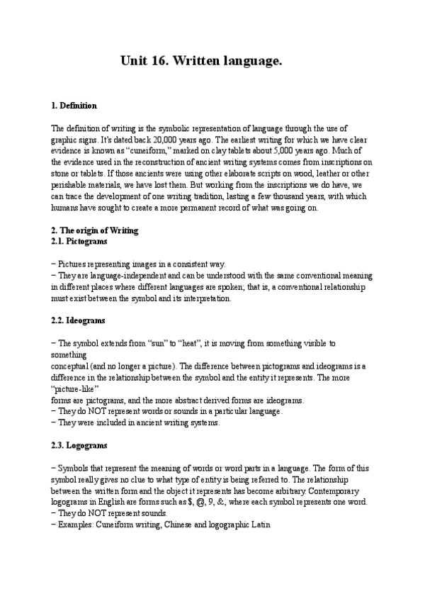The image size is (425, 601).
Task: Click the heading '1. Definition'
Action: pos(74,106)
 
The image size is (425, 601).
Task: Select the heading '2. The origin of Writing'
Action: pos(95,231)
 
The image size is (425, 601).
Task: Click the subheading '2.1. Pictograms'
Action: pos(79,241)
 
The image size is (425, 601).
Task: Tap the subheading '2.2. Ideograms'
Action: pos(79,321)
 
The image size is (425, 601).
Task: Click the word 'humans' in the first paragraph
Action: pos(67,209)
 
